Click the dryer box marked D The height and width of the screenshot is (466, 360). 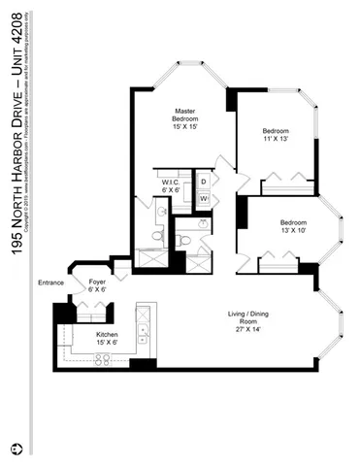pos(204,182)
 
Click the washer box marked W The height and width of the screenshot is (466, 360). pos(204,200)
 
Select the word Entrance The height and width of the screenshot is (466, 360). pos(50,283)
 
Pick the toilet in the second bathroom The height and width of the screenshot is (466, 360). pos(183,239)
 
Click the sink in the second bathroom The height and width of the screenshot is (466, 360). pos(202,223)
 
